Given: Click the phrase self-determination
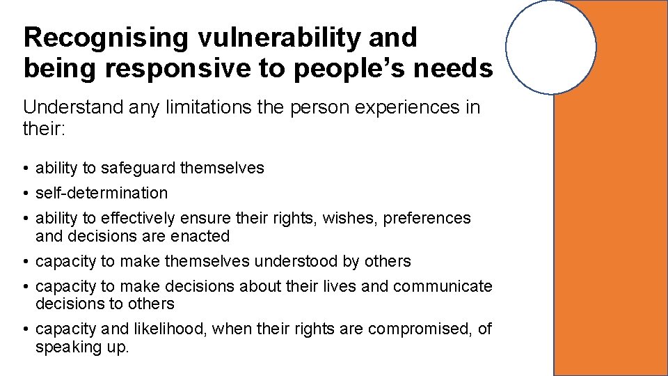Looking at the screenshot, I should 102,193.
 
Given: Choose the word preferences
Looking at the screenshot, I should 427,218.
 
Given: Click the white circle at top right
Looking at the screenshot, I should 550,47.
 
